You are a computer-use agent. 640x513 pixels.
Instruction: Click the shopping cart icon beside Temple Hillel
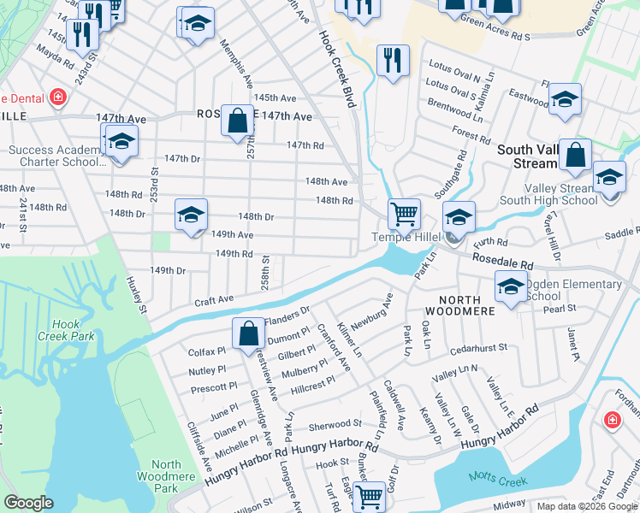pos(403,213)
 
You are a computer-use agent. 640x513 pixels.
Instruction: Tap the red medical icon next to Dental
pos(58,97)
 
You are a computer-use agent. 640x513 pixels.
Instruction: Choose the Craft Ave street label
pos(214,299)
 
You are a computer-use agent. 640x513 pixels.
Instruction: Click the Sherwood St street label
pos(335,424)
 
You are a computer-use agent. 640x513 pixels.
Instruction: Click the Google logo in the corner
pos(28,503)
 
